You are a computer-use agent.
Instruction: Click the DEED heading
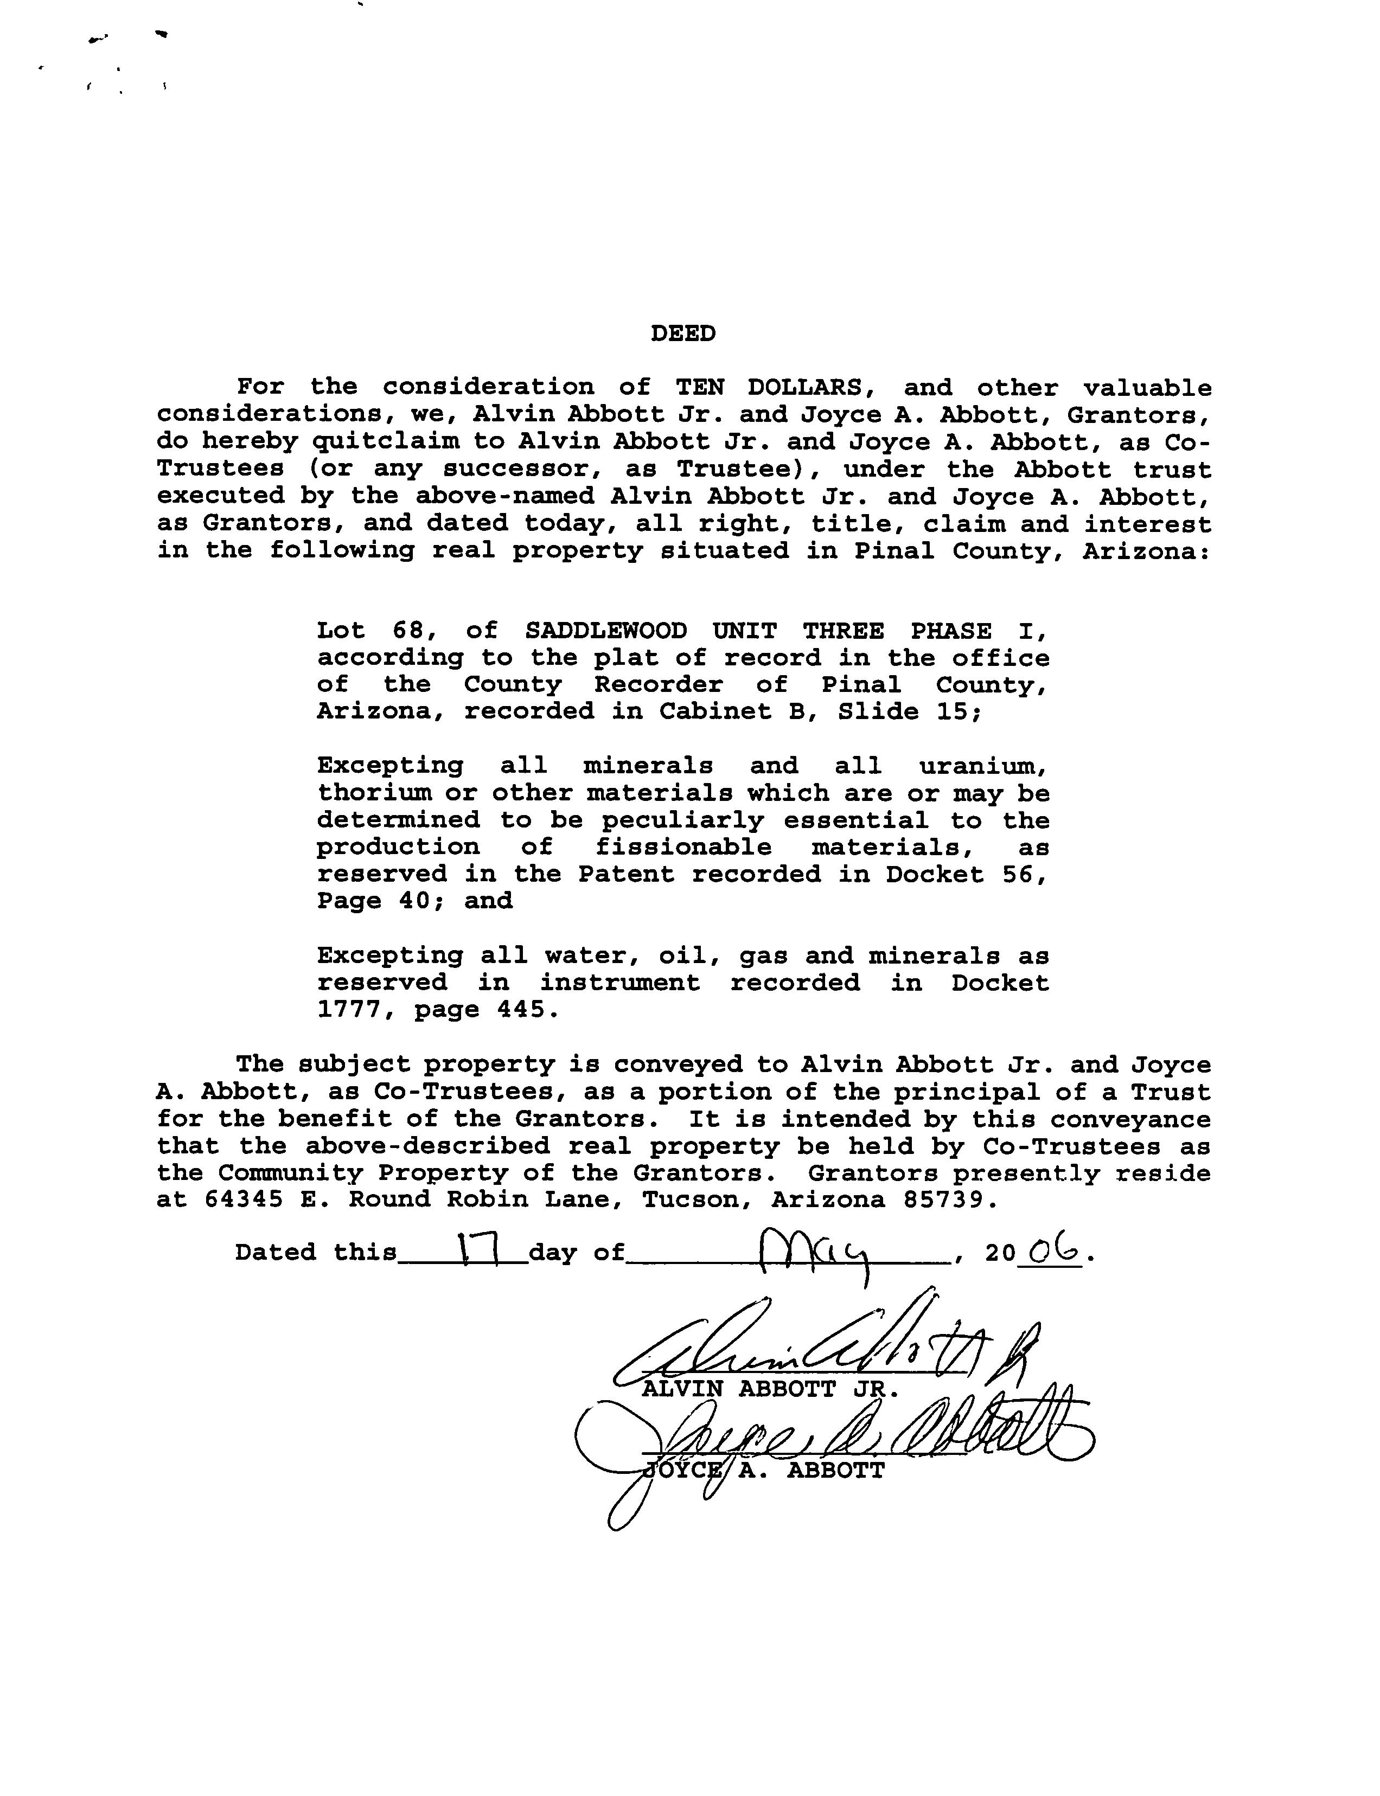click(682, 333)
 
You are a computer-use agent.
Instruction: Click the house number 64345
click(243, 1200)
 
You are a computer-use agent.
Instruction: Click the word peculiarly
click(682, 820)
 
